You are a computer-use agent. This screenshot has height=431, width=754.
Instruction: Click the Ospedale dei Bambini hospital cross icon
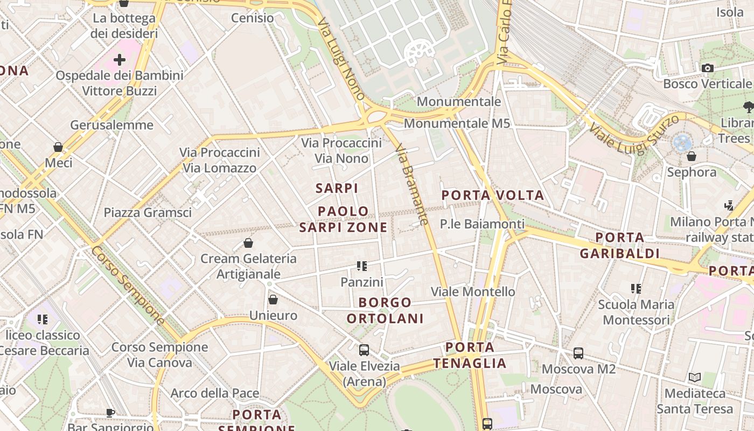[120, 60]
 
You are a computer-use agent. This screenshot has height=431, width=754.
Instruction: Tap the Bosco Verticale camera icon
[708, 68]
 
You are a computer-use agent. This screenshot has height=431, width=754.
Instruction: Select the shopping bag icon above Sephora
[692, 156]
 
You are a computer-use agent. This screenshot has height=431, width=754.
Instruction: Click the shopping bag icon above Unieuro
[273, 300]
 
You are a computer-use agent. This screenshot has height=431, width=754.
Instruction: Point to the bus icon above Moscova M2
[578, 353]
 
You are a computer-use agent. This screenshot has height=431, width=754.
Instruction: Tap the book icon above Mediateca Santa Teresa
[695, 377]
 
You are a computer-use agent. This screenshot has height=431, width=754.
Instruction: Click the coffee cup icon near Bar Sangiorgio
[110, 413]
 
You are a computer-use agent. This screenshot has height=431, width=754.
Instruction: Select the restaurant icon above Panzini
[362, 266]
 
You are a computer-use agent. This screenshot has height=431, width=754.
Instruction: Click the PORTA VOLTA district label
[493, 195]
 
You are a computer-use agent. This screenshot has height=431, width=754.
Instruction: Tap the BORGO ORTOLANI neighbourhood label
[385, 310]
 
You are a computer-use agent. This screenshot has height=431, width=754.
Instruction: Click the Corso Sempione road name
[128, 286]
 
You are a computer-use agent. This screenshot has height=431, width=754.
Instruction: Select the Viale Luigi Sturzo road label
[633, 134]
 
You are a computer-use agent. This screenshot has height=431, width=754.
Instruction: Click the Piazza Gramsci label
[148, 212]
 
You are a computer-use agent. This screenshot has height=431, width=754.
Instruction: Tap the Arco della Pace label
[215, 393]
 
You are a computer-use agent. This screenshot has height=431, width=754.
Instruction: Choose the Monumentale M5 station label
[457, 123]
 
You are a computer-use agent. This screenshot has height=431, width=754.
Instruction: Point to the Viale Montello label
[473, 291]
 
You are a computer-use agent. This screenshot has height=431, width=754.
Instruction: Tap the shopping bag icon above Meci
[58, 147]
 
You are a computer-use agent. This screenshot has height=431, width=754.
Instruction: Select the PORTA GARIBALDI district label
[620, 245]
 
